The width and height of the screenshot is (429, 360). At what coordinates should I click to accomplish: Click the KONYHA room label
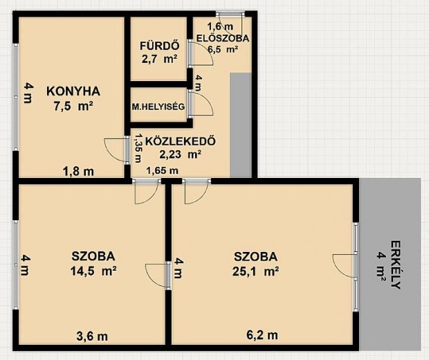coord(73,91)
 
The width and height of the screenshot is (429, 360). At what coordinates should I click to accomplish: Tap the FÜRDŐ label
coord(160,46)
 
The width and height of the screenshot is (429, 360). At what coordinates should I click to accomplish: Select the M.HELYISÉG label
coord(158,107)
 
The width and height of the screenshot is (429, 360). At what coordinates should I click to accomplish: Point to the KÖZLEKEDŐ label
coord(181,141)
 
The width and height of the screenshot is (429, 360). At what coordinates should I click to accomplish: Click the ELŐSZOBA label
coord(223,38)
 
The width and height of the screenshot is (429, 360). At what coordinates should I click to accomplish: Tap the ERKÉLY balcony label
coord(396,264)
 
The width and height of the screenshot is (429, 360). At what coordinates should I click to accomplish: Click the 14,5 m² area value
coord(93,271)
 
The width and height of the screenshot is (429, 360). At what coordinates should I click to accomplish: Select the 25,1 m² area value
coord(255,271)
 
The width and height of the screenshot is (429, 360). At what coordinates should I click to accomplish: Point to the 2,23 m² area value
coord(181,154)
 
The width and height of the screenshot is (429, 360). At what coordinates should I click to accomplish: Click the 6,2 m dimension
coord(262,334)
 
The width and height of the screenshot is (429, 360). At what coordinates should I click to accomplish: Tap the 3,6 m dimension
coord(92,336)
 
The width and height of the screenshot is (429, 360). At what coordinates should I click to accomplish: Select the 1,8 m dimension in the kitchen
coord(78,172)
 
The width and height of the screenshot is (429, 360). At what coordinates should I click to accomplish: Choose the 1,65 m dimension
coord(162,170)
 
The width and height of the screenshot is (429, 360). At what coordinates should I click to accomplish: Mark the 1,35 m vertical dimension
coord(139,148)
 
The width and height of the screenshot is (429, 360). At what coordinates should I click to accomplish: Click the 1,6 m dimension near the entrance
coord(220,26)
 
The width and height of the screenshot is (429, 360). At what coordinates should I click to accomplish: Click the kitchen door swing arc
coord(116,150)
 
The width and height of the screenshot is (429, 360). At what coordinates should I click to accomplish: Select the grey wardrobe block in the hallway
coord(241,125)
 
